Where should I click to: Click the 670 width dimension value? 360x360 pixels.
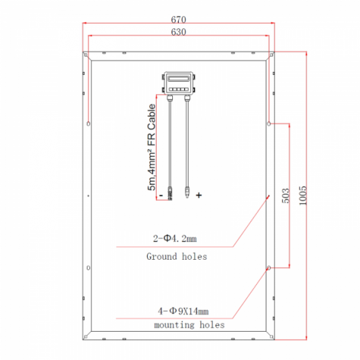click(178, 19)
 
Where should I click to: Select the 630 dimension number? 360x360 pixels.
click(178, 32)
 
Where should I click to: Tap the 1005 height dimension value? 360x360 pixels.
click(303, 195)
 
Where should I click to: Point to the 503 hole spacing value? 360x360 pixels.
click(286, 195)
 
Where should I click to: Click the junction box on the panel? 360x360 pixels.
click(178, 83)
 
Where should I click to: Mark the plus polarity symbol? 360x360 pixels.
click(199, 195)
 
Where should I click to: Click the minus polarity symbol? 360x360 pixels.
click(161, 195)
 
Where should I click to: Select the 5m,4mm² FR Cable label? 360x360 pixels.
click(151, 147)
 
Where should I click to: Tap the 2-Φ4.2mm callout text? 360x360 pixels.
click(175, 238)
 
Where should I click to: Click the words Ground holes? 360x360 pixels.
click(177, 256)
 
